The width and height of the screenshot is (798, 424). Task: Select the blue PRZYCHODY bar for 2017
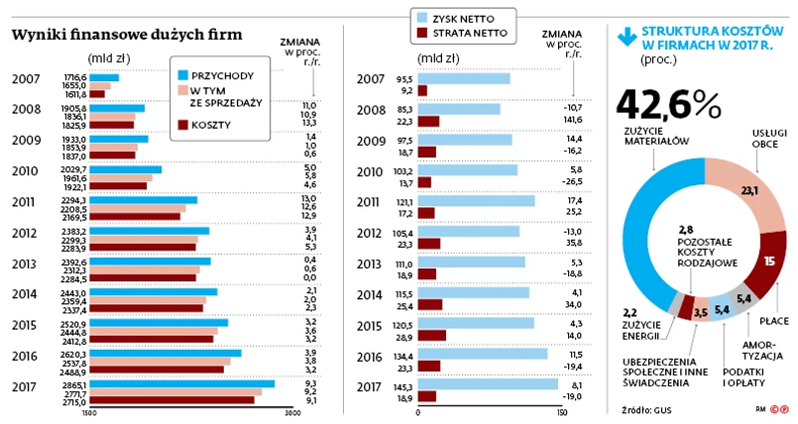tap(181, 383)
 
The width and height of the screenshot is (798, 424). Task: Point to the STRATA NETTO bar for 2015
tap(431, 335)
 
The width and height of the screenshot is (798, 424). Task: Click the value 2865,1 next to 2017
tap(76, 382)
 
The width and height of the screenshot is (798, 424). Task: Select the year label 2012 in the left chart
tap(25, 234)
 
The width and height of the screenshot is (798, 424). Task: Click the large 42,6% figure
tap(668, 104)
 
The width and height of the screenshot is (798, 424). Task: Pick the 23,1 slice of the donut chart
tap(747, 194)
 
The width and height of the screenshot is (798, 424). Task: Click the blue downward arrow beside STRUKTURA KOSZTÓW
tap(626, 37)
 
